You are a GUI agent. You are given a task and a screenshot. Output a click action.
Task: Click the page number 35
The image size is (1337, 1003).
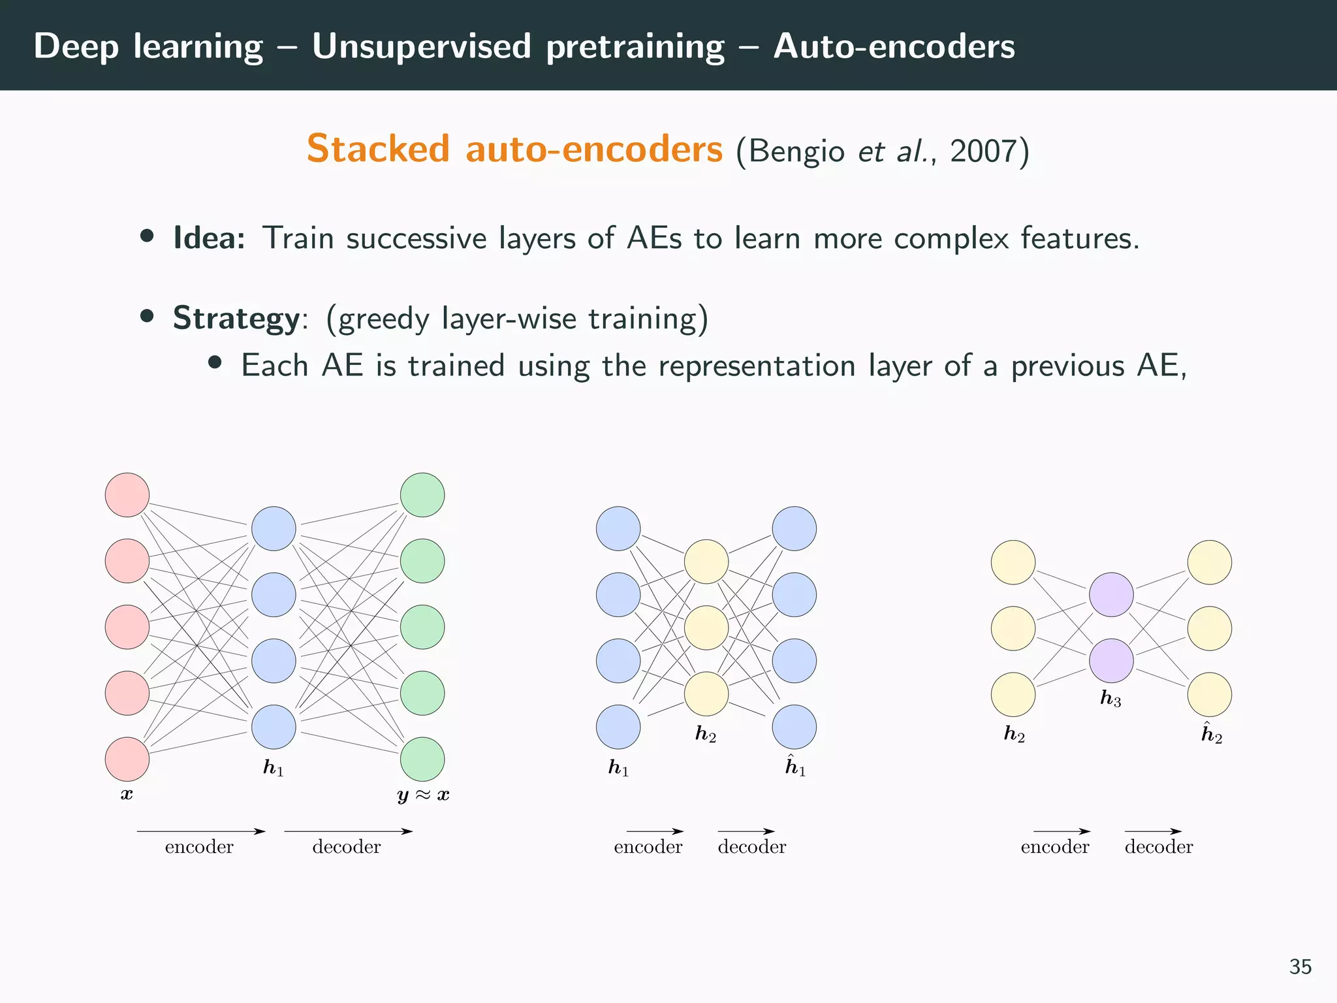point(1300,966)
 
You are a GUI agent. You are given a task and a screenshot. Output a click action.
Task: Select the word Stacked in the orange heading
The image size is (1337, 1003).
point(378,150)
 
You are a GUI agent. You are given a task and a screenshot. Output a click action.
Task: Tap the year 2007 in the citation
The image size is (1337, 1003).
point(983,151)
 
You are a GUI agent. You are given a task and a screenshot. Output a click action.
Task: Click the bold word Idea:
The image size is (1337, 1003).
point(209,238)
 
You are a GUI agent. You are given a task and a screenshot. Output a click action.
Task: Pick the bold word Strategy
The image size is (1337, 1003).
point(236,319)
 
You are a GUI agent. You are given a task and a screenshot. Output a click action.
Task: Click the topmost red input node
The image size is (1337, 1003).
point(127,495)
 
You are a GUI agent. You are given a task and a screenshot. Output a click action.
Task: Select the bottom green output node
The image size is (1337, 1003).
point(422,759)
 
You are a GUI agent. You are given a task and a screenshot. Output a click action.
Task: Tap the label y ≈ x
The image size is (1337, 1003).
point(423,795)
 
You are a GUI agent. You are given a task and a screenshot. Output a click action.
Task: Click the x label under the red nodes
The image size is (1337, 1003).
point(127,795)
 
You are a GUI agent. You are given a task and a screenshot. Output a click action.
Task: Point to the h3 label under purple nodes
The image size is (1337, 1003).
point(1110,699)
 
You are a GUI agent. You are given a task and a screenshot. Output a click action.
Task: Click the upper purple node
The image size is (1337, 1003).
point(1111,594)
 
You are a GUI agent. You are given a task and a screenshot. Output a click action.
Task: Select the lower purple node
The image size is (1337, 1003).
point(1111,661)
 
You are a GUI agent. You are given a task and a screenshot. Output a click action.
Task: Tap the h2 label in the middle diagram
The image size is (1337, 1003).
point(706,734)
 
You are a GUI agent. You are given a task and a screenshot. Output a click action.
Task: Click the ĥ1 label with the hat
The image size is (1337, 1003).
point(795,767)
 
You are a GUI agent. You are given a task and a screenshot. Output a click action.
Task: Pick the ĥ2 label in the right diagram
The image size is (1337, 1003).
point(1212,734)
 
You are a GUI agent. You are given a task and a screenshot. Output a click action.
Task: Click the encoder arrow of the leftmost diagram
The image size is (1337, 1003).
point(200,831)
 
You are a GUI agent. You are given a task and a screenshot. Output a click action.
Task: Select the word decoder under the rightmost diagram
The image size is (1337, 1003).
point(1159,847)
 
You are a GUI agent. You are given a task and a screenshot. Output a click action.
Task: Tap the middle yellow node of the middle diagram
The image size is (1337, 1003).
point(706,628)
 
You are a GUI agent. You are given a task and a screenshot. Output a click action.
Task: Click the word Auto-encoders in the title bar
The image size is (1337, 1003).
point(894,46)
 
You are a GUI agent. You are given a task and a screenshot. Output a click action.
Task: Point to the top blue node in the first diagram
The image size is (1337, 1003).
point(274,528)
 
